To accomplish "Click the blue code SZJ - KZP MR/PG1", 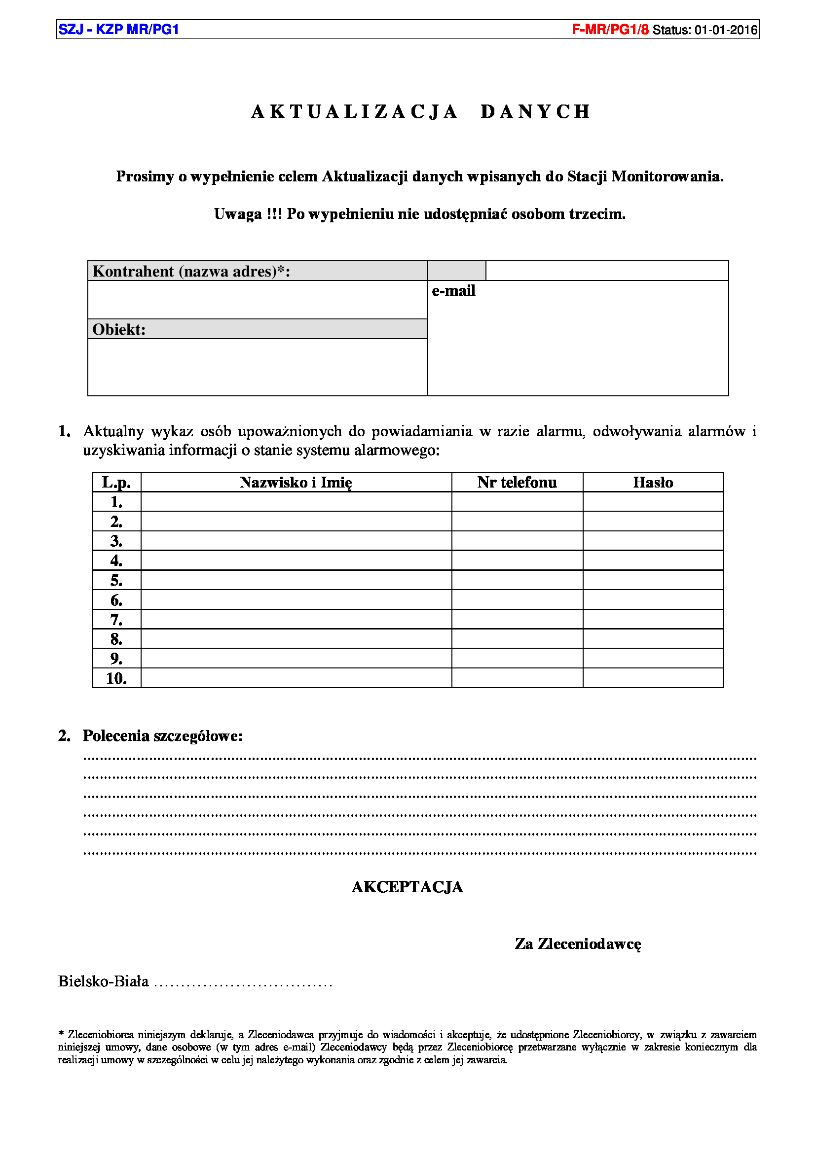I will (x=118, y=30).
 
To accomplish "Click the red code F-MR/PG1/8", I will (x=610, y=30).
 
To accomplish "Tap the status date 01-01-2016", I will (x=726, y=30).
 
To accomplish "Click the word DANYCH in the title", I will (x=536, y=111).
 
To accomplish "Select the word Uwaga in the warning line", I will (x=238, y=214).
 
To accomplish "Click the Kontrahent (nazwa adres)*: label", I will (x=191, y=271).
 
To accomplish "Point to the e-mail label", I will (x=453, y=291).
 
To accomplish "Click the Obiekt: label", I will (x=119, y=329).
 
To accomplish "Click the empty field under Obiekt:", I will (x=257, y=367).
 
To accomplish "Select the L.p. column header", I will (x=116, y=483).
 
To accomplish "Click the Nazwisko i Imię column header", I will (x=296, y=483).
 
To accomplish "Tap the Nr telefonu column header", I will (x=517, y=483).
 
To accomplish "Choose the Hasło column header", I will (x=653, y=483).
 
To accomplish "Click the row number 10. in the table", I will (x=116, y=678).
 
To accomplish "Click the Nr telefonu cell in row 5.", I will (x=517, y=581).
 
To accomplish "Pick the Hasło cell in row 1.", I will (x=653, y=502).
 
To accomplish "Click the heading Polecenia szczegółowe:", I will (x=162, y=735).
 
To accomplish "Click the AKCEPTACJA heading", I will (x=407, y=887).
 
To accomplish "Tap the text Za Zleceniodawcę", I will (x=578, y=944).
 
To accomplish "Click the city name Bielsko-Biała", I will (x=104, y=981).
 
